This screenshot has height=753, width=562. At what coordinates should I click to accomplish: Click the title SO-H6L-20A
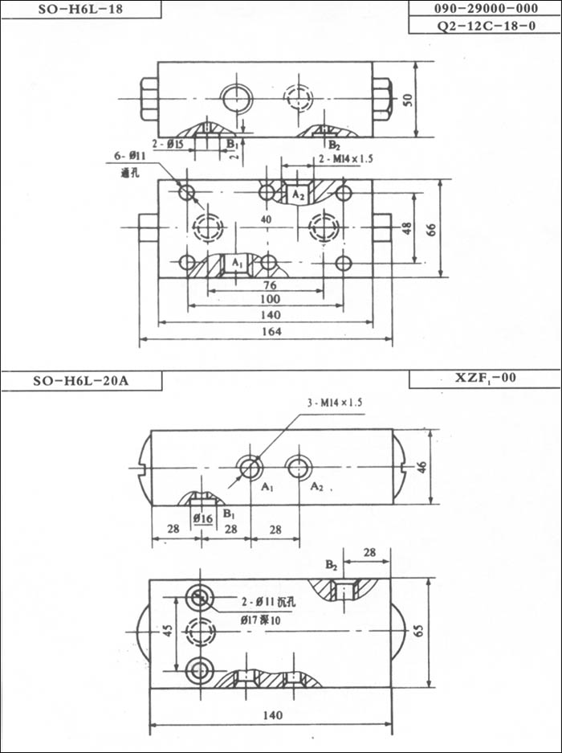tap(80, 381)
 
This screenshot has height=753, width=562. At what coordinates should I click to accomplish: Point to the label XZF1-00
tap(484, 377)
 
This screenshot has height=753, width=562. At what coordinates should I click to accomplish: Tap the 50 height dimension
tap(408, 100)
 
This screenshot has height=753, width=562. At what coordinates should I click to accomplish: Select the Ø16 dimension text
tap(203, 519)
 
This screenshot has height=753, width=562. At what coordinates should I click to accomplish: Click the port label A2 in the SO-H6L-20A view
tap(317, 487)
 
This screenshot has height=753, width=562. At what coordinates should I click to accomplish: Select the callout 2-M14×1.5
tap(346, 159)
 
